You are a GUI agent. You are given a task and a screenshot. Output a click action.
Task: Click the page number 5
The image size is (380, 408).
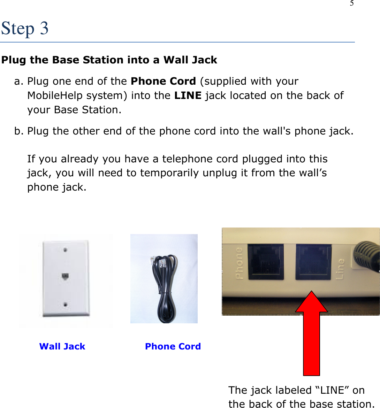click(x=352, y=3)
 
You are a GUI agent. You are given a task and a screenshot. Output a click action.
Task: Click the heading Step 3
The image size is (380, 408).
click(x=25, y=28)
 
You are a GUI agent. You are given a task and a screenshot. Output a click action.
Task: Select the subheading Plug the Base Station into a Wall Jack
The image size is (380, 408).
click(x=109, y=60)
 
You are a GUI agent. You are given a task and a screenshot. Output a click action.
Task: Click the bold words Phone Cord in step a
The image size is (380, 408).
click(x=163, y=81)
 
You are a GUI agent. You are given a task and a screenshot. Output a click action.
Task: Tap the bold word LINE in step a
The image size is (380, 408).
click(x=188, y=95)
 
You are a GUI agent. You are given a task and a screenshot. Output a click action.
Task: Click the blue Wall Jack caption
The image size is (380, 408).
click(x=62, y=346)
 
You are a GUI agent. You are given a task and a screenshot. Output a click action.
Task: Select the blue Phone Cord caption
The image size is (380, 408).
click(x=173, y=346)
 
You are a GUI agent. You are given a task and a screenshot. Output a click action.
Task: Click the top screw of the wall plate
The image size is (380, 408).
click(x=65, y=250)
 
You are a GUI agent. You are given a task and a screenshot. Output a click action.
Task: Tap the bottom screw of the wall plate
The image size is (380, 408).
click(x=65, y=305)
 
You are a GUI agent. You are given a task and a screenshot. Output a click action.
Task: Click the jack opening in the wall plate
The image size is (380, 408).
click(x=65, y=277)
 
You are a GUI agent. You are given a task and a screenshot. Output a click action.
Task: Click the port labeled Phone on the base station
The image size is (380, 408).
click(x=265, y=262)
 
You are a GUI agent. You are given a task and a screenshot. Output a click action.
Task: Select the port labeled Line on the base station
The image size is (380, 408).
click(x=313, y=262)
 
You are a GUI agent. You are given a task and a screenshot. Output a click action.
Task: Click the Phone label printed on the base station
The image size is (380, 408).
click(x=239, y=263)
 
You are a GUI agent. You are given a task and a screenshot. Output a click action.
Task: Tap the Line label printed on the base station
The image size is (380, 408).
click(x=340, y=269)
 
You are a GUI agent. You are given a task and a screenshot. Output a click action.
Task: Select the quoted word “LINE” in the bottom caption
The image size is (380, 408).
click(x=332, y=390)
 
